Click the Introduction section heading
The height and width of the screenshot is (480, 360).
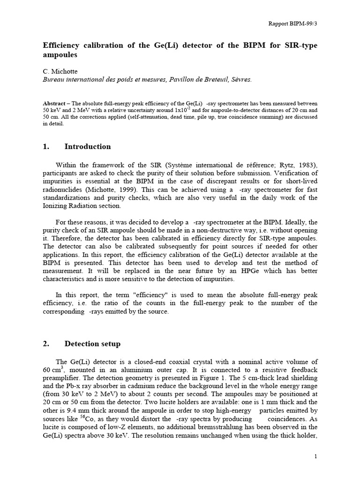click(x=88, y=146)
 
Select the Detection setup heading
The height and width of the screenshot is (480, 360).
click(x=92, y=344)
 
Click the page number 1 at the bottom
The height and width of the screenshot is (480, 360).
click(x=315, y=456)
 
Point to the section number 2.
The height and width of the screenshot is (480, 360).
click(x=46, y=344)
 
